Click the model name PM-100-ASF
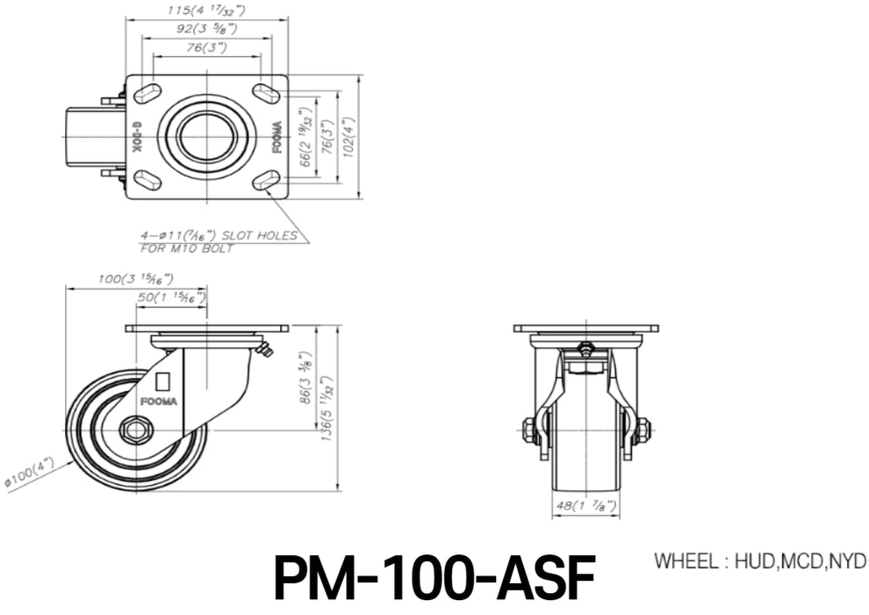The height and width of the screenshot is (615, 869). pos(434,577)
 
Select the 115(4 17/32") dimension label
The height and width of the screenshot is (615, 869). pos(205,11)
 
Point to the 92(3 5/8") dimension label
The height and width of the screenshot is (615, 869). pos(205,29)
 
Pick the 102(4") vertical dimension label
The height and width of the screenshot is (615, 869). pos(350,136)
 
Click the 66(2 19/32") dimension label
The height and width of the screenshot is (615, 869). pos(305,137)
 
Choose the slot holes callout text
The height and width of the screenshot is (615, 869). pos(219,242)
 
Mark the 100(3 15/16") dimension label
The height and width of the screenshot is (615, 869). pos(135,279)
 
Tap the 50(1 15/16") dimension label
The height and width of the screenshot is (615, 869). pos(171,298)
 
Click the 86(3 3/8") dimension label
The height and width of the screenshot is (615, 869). pos(305,379)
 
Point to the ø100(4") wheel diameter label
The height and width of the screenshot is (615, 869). pos(30,473)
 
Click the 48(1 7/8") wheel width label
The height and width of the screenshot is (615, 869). pos(585,507)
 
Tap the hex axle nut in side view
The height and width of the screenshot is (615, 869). pos(136,430)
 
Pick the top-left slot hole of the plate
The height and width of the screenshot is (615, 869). pos(147,91)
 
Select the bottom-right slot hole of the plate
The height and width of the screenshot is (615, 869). pos(265,181)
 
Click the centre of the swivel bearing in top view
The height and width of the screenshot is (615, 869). pos(206,136)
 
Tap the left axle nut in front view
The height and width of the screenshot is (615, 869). pos(529,430)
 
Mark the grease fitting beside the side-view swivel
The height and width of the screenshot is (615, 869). pos(265,351)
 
